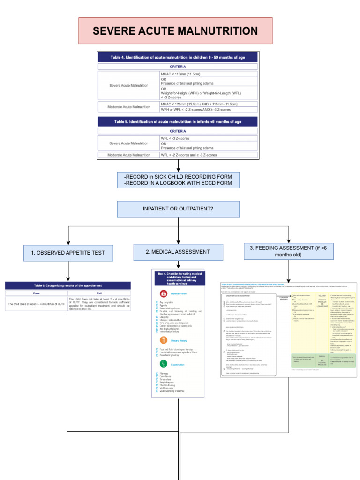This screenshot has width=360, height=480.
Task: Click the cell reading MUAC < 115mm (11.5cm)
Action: [209, 74]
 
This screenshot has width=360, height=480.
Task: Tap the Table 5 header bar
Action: [178, 122]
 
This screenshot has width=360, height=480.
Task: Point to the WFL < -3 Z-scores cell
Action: [209, 138]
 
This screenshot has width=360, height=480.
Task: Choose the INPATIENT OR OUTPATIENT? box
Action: [178, 209]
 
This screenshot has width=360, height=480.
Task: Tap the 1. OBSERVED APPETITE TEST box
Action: [68, 253]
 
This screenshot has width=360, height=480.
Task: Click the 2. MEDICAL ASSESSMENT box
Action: [178, 252]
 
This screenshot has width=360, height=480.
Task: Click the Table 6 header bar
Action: [68, 285]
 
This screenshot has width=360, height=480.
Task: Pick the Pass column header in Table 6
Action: [37, 292]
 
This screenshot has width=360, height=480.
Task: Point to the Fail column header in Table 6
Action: [99, 292]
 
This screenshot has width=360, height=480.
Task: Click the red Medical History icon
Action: [164, 293]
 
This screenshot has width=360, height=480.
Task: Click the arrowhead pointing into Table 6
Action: [68, 278]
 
